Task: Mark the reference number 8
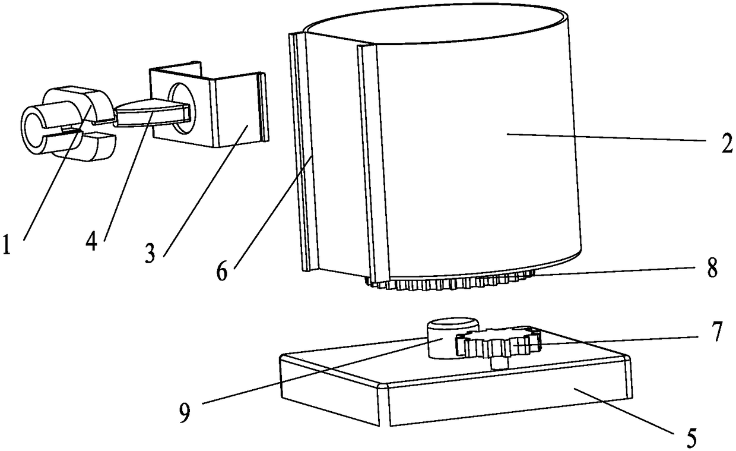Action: click(712, 268)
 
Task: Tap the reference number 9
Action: click(185, 413)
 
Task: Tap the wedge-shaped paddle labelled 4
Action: click(148, 111)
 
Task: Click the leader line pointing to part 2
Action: click(605, 138)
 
